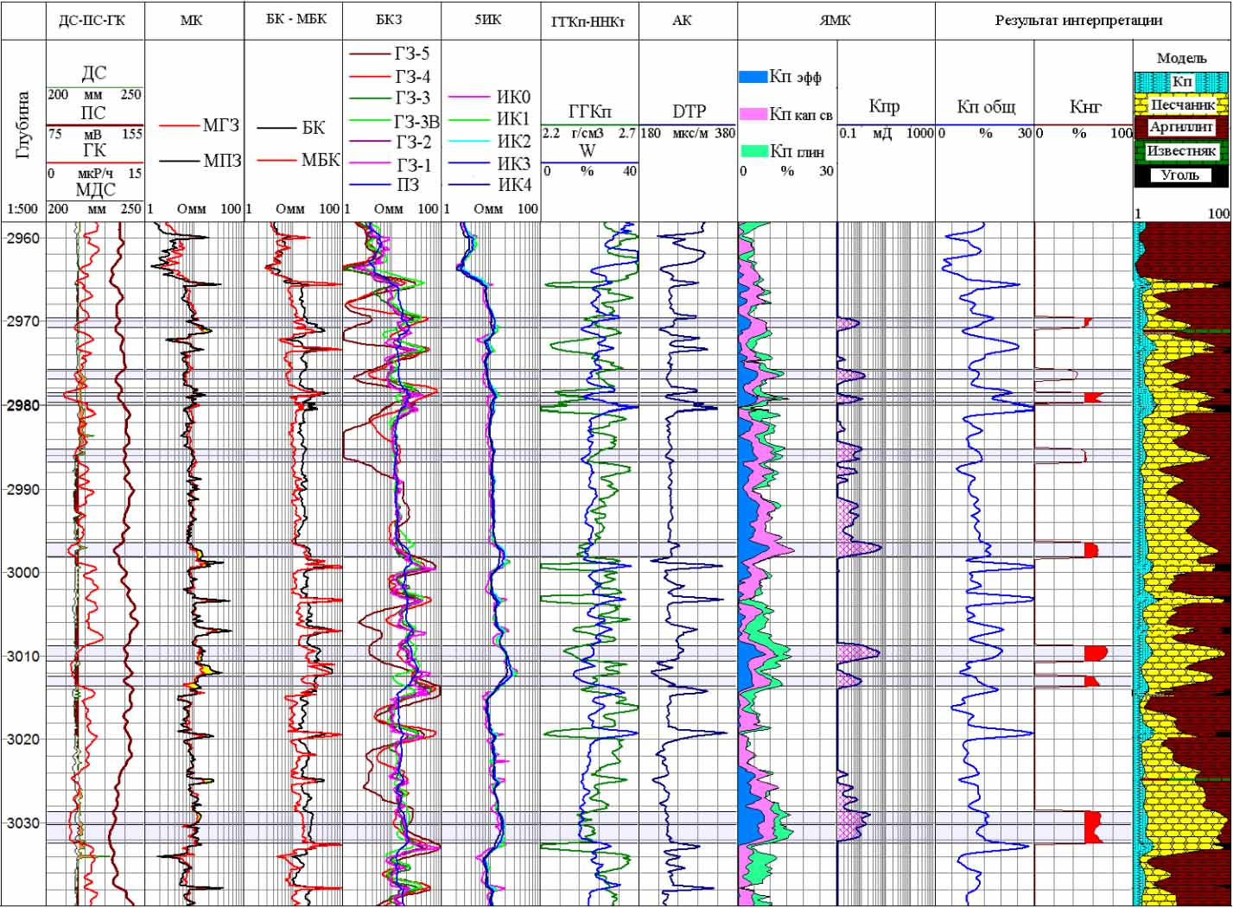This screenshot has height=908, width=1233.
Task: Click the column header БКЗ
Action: click(x=390, y=19)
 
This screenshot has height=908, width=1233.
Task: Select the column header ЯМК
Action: click(x=835, y=19)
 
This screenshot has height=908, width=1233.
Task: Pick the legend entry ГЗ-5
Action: click(x=411, y=54)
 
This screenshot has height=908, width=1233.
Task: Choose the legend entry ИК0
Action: click(x=513, y=97)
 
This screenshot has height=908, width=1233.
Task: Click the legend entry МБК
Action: click(x=320, y=160)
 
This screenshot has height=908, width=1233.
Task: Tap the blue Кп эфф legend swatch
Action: click(x=753, y=77)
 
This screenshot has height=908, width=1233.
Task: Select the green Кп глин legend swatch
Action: click(x=753, y=151)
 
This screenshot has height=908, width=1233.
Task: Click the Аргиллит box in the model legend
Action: click(x=1181, y=127)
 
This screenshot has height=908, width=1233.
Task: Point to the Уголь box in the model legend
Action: click(x=1180, y=175)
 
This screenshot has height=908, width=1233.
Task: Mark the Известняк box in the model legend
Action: click(x=1181, y=150)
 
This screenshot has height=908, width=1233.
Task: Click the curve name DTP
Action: click(x=689, y=111)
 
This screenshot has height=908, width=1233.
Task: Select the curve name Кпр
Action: click(x=884, y=107)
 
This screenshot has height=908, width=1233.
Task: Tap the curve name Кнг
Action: click(x=1084, y=107)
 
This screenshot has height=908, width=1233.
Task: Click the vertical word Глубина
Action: click(x=22, y=125)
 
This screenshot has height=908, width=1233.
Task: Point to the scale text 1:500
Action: click(x=22, y=209)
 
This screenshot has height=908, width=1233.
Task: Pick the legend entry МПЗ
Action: click(x=222, y=160)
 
